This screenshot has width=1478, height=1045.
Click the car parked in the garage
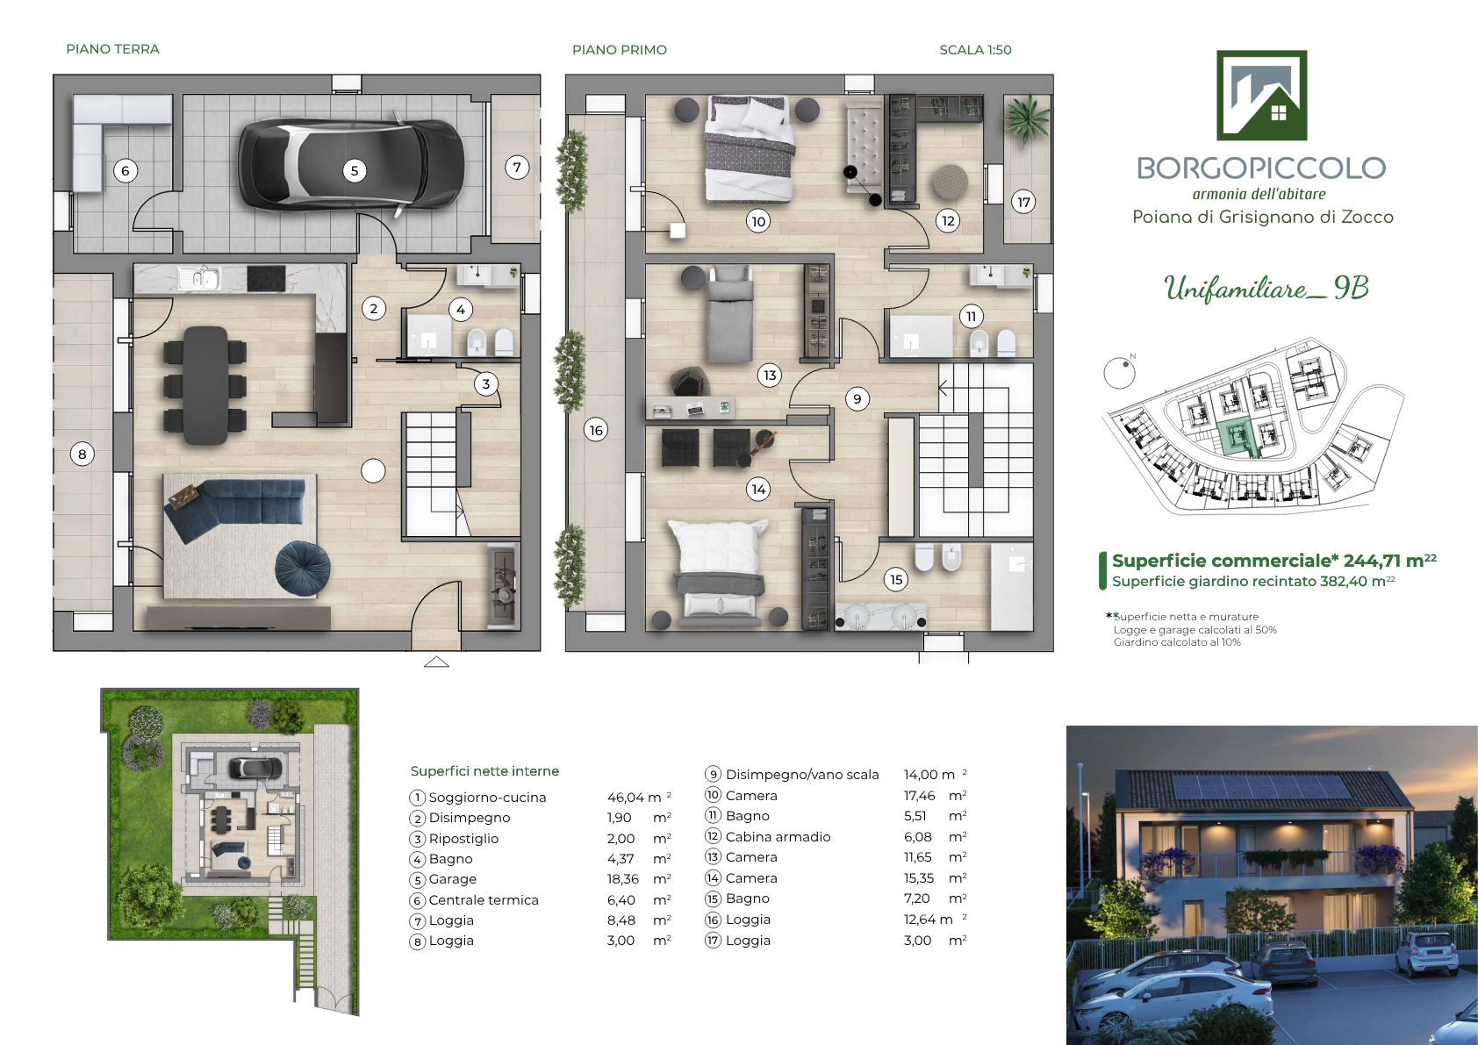351,165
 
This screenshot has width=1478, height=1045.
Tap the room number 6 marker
126,171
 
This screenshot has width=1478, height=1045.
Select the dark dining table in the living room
206,385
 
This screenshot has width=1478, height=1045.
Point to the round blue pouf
302,569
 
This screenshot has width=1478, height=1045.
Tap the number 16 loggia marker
596,430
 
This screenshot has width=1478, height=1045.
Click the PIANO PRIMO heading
620,50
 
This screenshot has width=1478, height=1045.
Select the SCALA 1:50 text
975,50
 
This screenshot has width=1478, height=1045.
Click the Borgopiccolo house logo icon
1261,95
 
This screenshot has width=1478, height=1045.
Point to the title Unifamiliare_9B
1266,289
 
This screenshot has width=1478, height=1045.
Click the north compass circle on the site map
1119,374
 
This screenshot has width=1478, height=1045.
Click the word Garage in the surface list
453,879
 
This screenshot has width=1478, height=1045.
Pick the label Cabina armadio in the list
778,837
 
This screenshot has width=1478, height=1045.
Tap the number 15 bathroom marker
896,580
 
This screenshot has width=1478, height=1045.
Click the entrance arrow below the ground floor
436,662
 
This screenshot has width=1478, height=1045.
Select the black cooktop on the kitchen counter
267,278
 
